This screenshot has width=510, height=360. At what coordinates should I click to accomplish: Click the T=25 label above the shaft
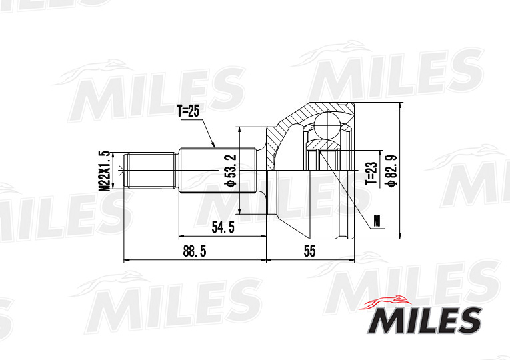(x=188, y=111)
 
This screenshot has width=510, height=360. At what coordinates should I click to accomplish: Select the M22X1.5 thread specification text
(x=104, y=171)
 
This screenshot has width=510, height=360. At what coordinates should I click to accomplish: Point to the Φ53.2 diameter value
(x=230, y=171)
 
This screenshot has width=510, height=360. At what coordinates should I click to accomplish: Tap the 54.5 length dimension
(x=222, y=227)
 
